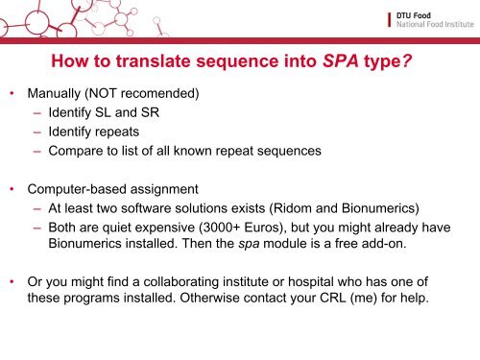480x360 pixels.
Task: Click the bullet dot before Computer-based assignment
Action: tap(12, 188)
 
